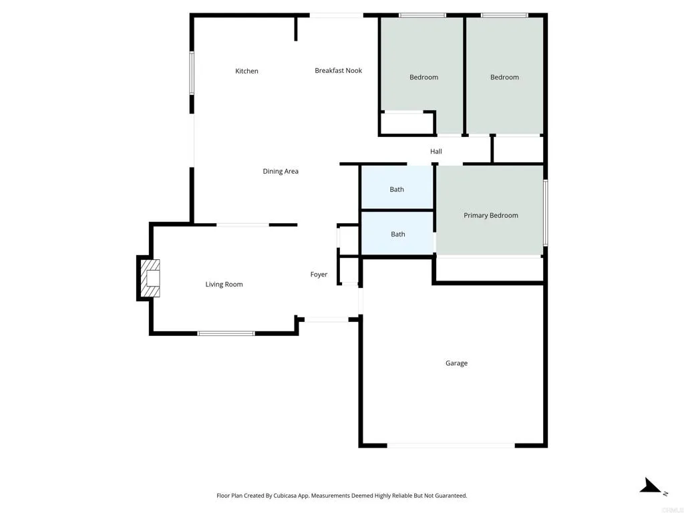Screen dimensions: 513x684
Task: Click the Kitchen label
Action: pyautogui.click(x=246, y=71)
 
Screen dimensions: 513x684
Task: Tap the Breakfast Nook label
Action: pyautogui.click(x=338, y=71)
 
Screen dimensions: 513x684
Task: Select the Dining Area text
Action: pyautogui.click(x=281, y=172)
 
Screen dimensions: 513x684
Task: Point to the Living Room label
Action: pyautogui.click(x=224, y=285)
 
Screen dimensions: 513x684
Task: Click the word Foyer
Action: pyautogui.click(x=319, y=275)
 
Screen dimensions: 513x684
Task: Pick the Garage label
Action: pyautogui.click(x=456, y=363)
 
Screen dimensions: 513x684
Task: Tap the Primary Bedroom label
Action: pyautogui.click(x=491, y=216)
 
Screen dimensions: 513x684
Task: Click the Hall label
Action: pyautogui.click(x=436, y=152)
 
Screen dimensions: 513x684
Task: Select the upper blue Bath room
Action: pyautogui.click(x=397, y=189)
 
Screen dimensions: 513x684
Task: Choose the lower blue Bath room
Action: pyautogui.click(x=397, y=234)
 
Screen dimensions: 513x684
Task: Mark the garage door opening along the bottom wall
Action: pyautogui.click(x=451, y=445)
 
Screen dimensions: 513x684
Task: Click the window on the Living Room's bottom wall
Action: pyautogui.click(x=226, y=333)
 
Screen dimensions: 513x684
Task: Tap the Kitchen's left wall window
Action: pyautogui.click(x=192, y=73)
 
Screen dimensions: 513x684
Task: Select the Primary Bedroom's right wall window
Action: pyautogui.click(x=545, y=212)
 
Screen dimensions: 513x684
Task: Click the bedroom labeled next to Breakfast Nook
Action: pyautogui.click(x=423, y=77)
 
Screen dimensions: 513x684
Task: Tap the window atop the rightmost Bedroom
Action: pyautogui.click(x=504, y=15)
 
